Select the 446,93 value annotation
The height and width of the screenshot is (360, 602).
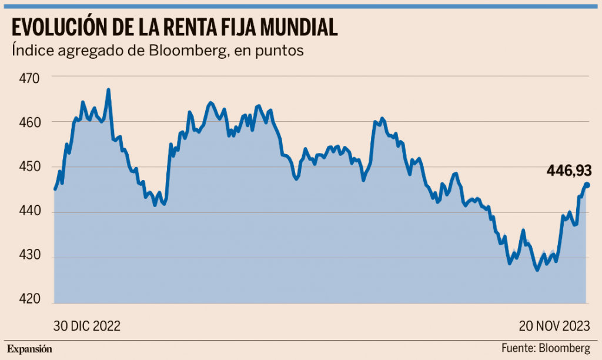(568, 171)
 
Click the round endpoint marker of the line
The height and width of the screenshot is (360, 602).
(587, 185)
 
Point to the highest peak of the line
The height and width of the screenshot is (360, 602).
(108, 90)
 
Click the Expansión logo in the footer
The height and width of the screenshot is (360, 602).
(30, 348)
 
